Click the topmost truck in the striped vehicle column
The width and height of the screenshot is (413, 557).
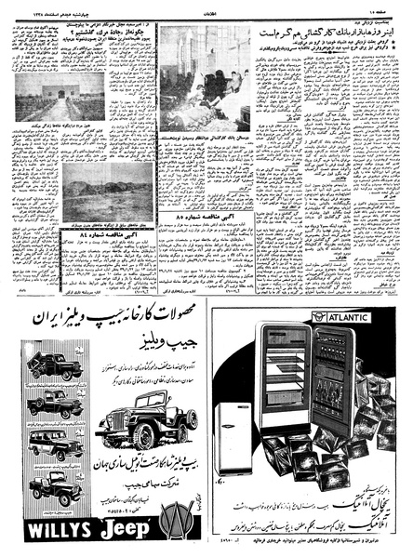[55, 366]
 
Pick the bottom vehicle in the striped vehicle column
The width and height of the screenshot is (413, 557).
[54, 487]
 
